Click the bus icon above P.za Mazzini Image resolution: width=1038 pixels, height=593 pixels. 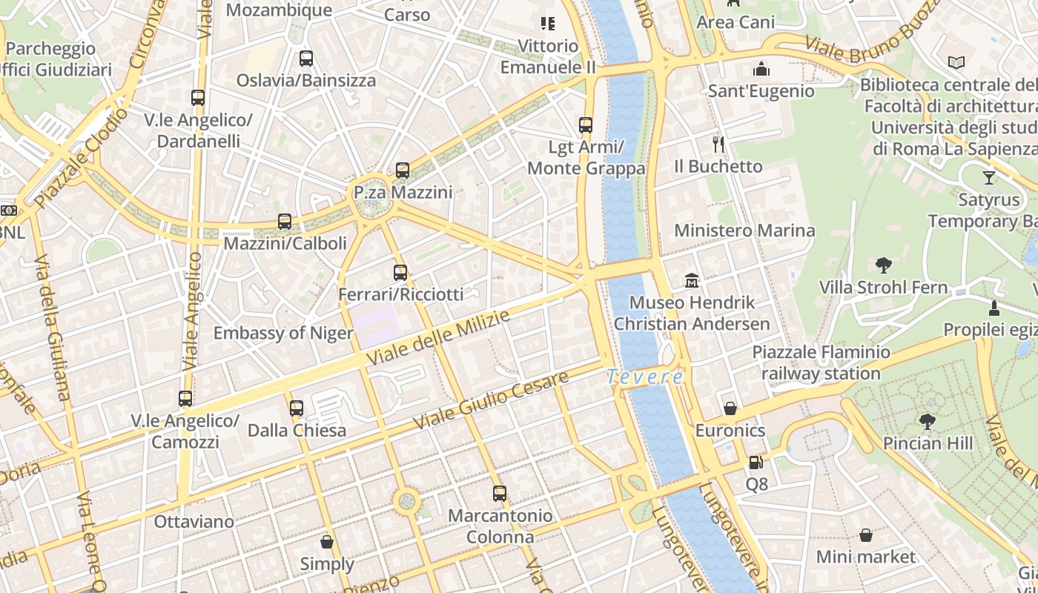click(x=403, y=170)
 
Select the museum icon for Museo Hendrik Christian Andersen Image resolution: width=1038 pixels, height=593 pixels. click(x=692, y=280)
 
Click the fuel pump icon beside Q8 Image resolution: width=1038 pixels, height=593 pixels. click(x=756, y=463)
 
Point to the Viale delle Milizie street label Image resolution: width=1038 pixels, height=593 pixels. click(x=439, y=337)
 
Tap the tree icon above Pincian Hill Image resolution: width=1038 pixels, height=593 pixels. click(x=927, y=422)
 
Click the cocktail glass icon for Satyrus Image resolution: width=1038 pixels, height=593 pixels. click(x=989, y=178)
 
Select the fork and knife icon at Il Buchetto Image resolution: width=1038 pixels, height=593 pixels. click(x=718, y=144)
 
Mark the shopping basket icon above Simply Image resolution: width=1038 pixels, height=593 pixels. click(x=327, y=542)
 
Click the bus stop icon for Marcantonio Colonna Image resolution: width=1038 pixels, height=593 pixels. click(x=500, y=493)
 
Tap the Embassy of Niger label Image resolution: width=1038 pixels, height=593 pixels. click(x=283, y=333)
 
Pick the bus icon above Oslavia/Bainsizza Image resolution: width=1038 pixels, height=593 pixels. click(x=306, y=58)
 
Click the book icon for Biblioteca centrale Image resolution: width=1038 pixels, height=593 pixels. click(x=956, y=63)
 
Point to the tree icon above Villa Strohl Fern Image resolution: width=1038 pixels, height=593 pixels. click(x=883, y=265)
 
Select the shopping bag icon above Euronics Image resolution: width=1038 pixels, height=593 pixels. click(x=730, y=408)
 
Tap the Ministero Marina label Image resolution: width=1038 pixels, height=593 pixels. click(x=744, y=231)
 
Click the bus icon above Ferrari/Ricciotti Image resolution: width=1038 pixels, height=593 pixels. click(x=400, y=273)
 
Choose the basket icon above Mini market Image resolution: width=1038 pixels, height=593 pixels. click(x=866, y=534)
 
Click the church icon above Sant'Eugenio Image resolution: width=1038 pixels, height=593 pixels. click(x=761, y=70)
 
